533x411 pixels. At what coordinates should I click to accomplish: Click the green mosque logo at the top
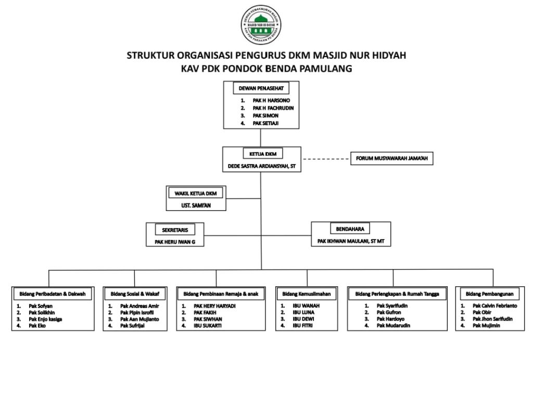click(261, 24)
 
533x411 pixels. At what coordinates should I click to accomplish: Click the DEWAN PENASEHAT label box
click(261, 88)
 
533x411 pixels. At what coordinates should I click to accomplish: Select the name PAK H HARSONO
click(271, 100)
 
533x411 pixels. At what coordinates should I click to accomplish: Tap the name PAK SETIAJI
click(266, 123)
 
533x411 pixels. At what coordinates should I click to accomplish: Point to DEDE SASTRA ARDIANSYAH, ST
click(262, 167)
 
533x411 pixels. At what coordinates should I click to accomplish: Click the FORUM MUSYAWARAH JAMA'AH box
click(391, 158)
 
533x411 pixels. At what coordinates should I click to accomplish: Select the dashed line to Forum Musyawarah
click(326, 158)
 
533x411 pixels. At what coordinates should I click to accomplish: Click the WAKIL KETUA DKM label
click(195, 193)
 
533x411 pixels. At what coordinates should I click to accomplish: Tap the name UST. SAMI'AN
click(195, 206)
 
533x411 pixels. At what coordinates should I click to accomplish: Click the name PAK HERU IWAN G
click(174, 242)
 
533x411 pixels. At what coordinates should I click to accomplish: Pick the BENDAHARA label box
click(350, 229)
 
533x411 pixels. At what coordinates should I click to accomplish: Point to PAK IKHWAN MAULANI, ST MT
click(351, 242)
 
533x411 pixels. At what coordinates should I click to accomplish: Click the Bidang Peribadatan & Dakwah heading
click(53, 294)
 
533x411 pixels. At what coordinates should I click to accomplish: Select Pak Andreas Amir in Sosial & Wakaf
click(139, 307)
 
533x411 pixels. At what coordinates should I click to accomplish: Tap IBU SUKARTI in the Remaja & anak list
click(207, 326)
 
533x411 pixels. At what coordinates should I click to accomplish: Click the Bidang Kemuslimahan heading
click(307, 294)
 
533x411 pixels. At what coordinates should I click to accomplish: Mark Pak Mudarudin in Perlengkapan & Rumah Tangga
click(394, 326)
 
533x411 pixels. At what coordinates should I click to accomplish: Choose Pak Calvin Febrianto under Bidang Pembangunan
click(494, 307)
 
